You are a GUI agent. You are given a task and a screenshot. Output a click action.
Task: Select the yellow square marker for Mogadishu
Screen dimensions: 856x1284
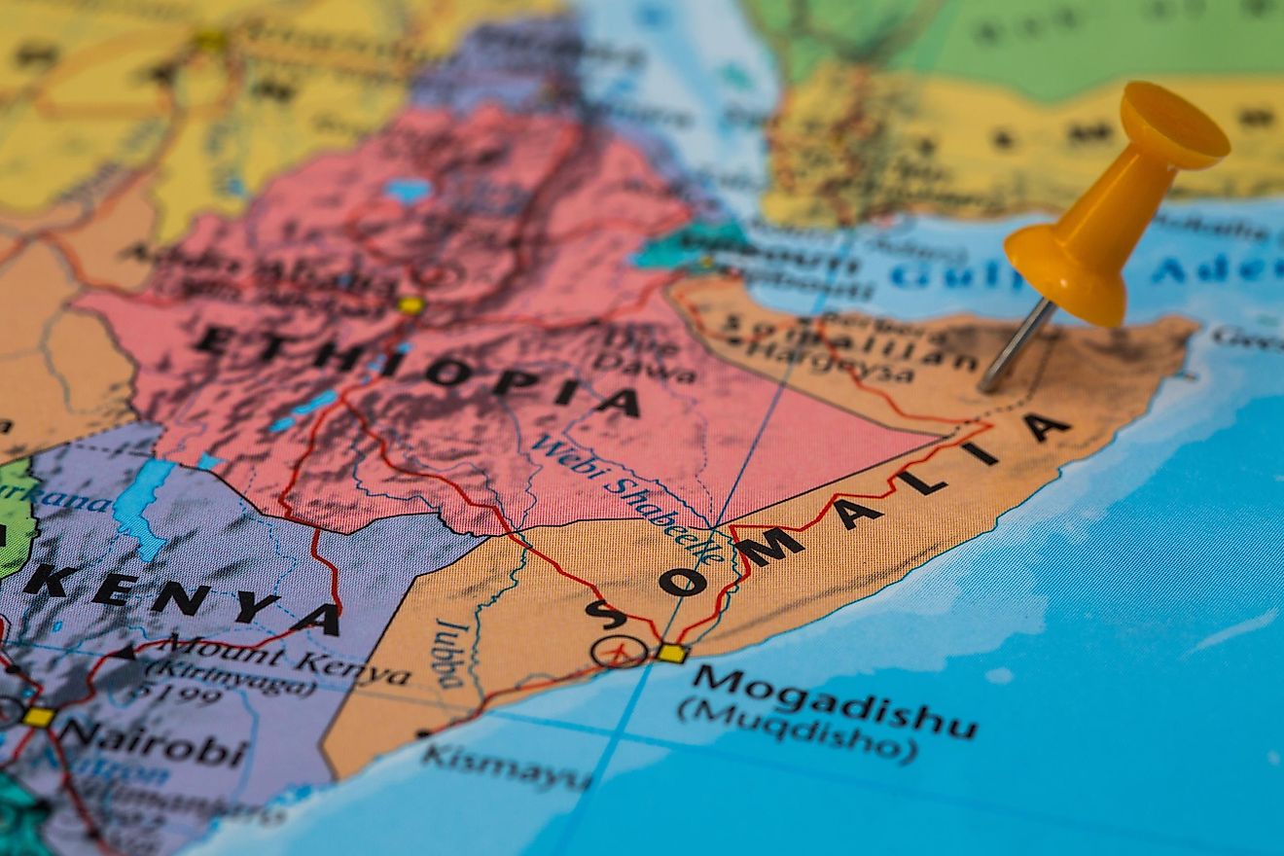pos(671,653)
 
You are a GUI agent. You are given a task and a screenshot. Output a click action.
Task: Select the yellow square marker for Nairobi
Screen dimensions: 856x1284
pos(38,717)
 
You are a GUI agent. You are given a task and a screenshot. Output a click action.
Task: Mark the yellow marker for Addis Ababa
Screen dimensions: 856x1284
pos(410,305)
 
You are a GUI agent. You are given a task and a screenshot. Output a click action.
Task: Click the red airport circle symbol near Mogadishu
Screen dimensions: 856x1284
pos(619,651)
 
